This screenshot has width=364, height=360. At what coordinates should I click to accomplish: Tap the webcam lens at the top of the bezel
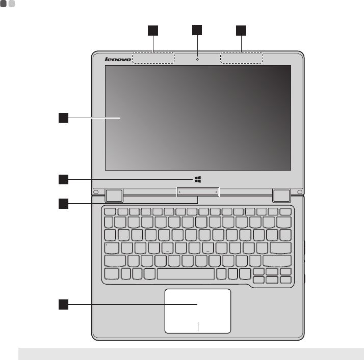197,58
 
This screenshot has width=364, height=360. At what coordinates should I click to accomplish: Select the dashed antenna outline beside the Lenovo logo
153,58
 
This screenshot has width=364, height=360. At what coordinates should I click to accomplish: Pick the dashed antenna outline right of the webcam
242,58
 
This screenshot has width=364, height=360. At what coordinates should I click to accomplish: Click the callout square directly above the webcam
197,30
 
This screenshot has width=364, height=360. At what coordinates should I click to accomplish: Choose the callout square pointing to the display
63,119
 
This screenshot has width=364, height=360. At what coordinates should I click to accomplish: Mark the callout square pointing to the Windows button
63,179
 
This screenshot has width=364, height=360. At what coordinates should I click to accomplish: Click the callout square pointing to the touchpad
63,305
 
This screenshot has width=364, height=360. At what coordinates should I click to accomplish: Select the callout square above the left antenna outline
152,31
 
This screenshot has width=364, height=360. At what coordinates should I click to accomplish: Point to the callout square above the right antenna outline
241,31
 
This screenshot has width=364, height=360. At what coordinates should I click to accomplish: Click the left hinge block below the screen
114,195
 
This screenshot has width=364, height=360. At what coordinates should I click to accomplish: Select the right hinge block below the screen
281,195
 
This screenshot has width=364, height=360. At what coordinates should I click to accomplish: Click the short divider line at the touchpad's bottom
198,327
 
